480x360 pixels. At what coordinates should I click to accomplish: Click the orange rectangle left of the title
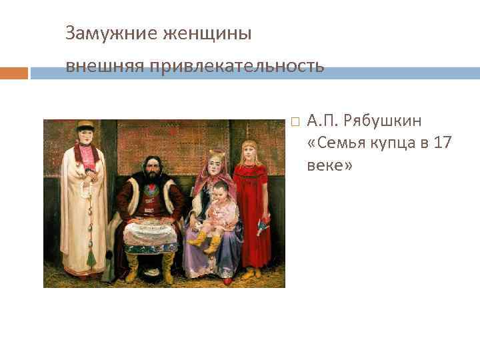pyautogui.click(x=14, y=73)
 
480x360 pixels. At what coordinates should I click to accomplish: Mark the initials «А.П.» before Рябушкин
pyautogui.click(x=323, y=122)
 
